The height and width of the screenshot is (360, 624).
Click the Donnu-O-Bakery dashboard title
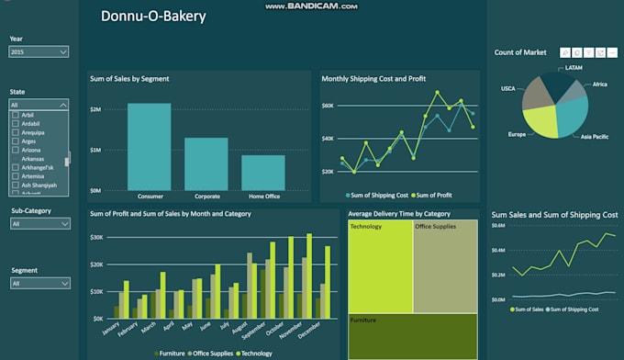[x=153, y=17]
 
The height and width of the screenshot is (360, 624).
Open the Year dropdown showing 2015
[x=39, y=52]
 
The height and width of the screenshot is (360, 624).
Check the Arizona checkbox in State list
[x=15, y=151]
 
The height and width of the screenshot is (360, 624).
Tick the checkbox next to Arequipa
[x=15, y=132]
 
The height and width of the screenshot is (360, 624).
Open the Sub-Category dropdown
[x=39, y=223]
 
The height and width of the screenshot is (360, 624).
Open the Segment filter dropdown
[x=39, y=284]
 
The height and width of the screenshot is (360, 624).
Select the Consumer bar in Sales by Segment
[x=149, y=146]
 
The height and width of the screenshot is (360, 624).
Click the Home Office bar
[x=263, y=172]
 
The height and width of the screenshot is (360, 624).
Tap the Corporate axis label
[x=206, y=197]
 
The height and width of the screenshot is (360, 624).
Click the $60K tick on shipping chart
[x=327, y=106]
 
